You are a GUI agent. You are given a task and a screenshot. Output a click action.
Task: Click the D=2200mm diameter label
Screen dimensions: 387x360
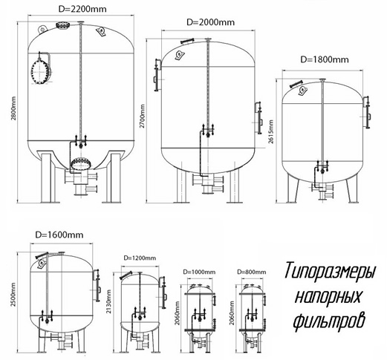(82, 9)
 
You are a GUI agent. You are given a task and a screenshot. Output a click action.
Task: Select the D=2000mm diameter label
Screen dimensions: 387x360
(210, 22)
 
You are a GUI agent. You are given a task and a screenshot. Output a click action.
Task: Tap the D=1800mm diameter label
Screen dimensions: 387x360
(325, 59)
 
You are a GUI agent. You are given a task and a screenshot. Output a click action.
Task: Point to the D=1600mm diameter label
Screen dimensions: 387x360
(59, 235)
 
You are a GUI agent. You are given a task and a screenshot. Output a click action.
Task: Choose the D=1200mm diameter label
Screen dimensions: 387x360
(140, 258)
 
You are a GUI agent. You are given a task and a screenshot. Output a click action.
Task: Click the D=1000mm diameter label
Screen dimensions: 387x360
(199, 272)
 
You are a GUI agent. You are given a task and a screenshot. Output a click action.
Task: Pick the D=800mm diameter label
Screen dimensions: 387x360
(252, 272)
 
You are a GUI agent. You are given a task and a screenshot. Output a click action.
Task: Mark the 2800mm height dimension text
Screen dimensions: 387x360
(13, 108)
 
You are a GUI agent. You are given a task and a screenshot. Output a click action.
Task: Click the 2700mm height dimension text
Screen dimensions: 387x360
(142, 116)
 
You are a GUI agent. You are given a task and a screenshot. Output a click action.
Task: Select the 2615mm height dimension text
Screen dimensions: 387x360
(271, 131)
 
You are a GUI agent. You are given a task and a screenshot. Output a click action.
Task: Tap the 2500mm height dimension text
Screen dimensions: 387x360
(13, 295)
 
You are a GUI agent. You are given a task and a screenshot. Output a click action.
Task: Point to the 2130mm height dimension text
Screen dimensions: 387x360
(108, 301)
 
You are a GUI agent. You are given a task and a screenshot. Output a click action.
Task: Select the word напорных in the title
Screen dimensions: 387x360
(328, 295)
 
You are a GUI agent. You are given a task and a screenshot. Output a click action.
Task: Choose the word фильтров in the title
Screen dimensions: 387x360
(329, 320)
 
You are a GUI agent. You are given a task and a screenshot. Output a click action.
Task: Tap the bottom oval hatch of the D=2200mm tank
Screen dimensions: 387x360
(81, 163)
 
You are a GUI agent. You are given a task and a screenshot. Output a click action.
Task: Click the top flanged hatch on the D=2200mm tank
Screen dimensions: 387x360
(62, 25)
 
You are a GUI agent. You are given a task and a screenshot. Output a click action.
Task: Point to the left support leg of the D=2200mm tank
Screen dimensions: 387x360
(47, 177)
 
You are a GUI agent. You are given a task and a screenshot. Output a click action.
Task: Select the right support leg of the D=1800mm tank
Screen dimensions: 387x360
(351, 187)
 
